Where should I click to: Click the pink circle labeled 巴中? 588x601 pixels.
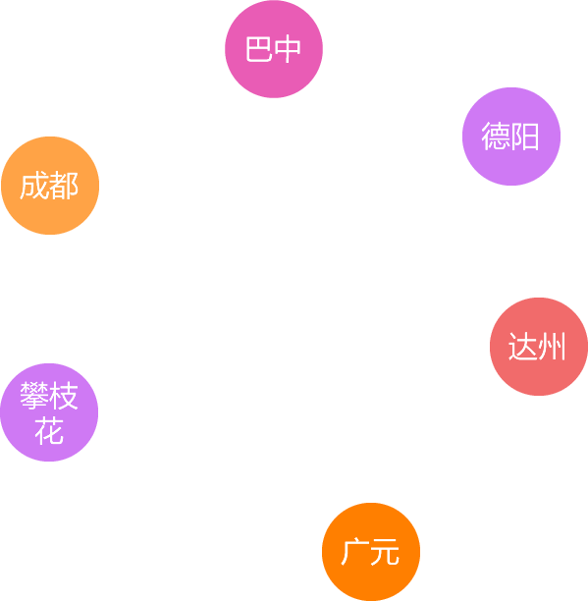[x=274, y=49]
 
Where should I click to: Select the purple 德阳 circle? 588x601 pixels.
[x=511, y=137]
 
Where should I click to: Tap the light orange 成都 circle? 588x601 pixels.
[x=50, y=186]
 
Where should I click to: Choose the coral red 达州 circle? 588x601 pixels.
[x=539, y=347]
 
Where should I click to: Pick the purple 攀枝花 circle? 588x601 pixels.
[x=49, y=412]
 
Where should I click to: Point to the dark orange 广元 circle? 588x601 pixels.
[x=371, y=552]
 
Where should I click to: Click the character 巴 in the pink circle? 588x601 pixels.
[x=258, y=49]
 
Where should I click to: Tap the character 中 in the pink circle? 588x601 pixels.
[x=288, y=49]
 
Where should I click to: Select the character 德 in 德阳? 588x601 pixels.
[x=496, y=137]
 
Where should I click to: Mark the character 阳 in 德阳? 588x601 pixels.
[x=525, y=137]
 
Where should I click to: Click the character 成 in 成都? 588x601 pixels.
[x=34, y=186]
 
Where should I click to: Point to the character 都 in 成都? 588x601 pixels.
[x=64, y=186]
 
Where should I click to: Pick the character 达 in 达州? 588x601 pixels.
[x=523, y=347]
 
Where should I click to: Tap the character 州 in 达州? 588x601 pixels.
[x=552, y=347]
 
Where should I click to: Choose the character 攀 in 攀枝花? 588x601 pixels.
[x=34, y=396]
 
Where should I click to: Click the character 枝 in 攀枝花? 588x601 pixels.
[x=64, y=396]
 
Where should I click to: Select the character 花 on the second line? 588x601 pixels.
[x=49, y=431]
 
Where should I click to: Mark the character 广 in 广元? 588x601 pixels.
[x=355, y=552]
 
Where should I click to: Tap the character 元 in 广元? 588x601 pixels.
[x=385, y=552]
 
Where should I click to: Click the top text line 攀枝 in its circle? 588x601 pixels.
[x=49, y=396]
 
